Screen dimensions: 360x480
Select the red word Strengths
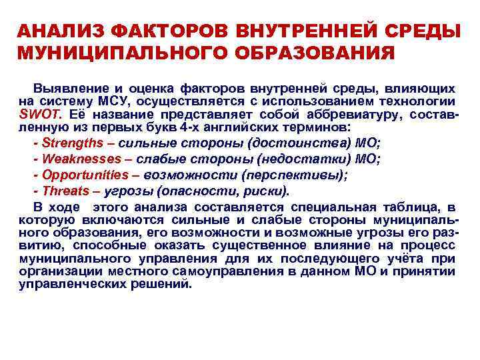73,143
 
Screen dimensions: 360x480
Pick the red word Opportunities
85,175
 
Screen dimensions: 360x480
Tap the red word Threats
67,191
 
